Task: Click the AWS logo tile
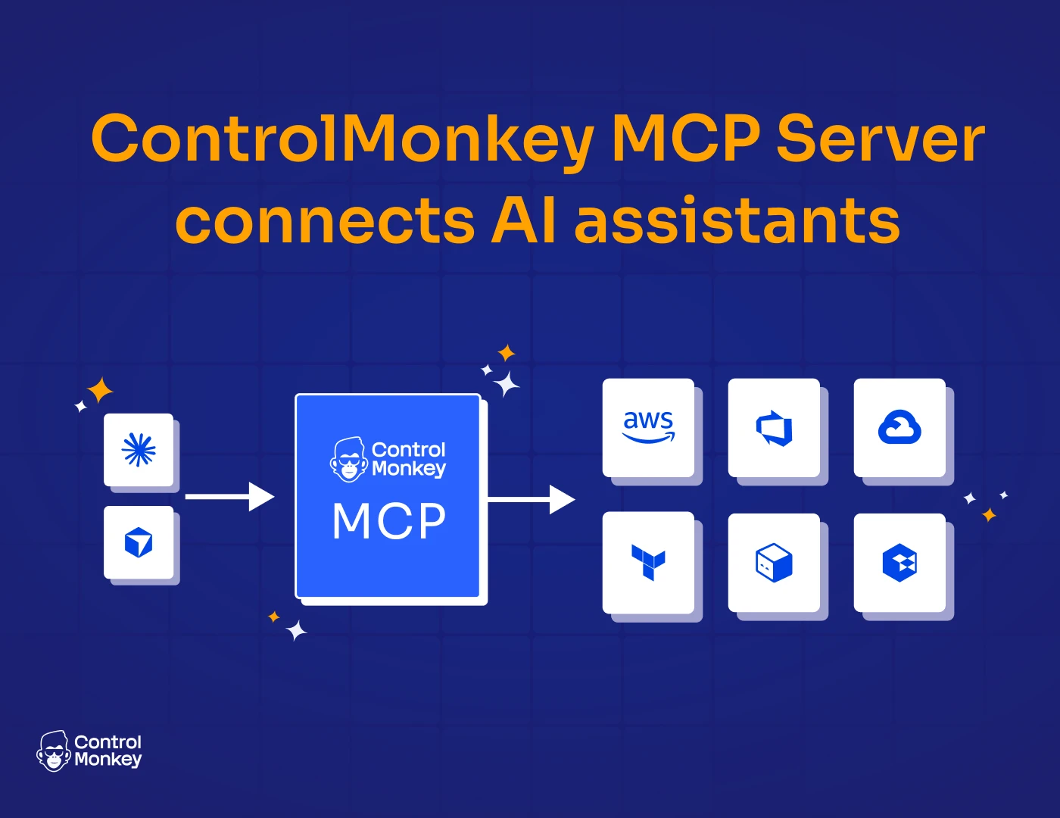pyautogui.click(x=648, y=428)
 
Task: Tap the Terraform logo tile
pyautogui.click(x=648, y=563)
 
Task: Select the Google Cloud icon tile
pyautogui.click(x=899, y=428)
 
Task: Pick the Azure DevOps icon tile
pyautogui.click(x=774, y=428)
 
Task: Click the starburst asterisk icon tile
pyautogui.click(x=139, y=450)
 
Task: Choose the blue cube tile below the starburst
pyautogui.click(x=139, y=542)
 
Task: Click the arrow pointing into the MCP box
pyautogui.click(x=229, y=497)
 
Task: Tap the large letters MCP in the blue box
pyautogui.click(x=389, y=521)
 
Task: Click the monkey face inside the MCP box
pyautogui.click(x=348, y=459)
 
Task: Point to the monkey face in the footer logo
pyautogui.click(x=54, y=751)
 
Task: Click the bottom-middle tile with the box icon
pyautogui.click(x=774, y=563)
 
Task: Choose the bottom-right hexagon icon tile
pyautogui.click(x=899, y=563)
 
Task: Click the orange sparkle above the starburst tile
pyautogui.click(x=100, y=391)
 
